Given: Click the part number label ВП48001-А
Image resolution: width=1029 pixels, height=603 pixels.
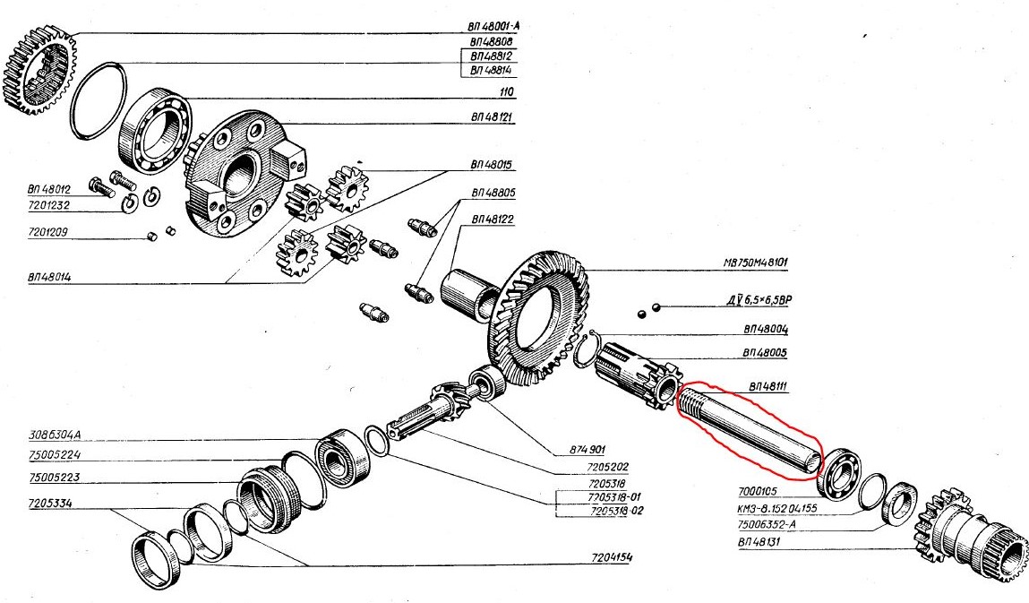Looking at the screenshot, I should pos(493,26).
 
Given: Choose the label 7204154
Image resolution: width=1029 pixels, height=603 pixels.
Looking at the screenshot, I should pos(610,557).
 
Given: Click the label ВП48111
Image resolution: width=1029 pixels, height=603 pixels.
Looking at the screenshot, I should pos(765,387).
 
